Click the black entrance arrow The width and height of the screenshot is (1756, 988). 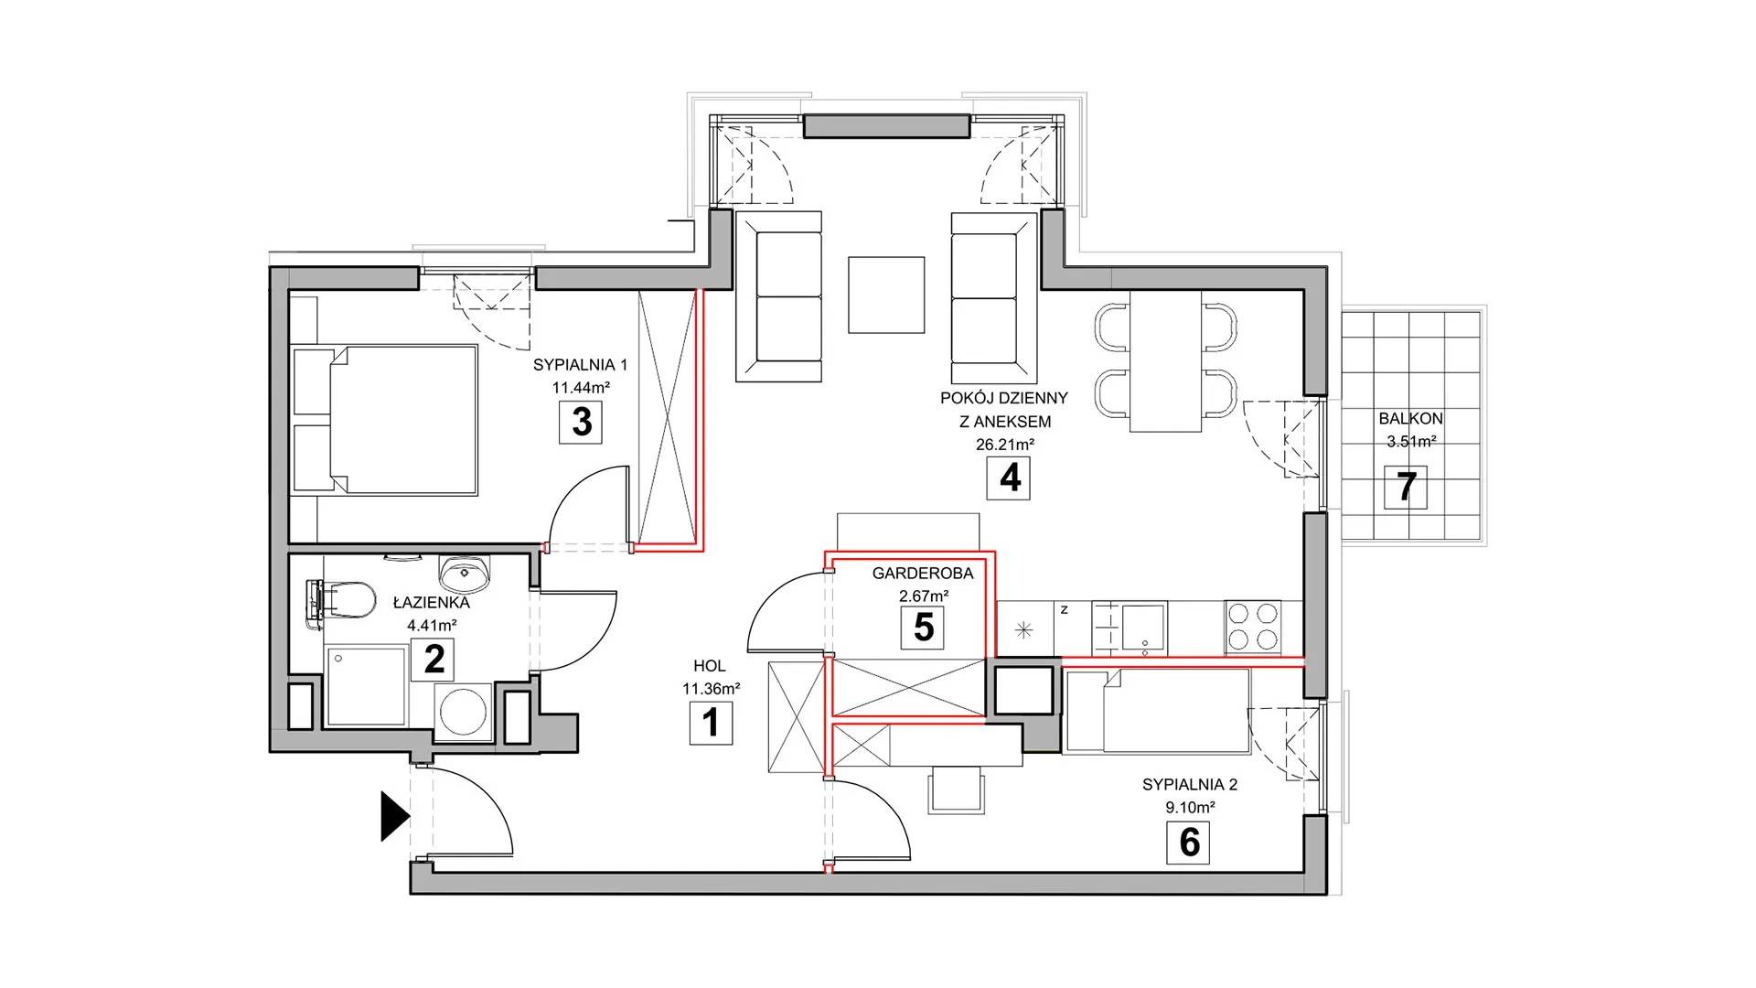tap(394, 816)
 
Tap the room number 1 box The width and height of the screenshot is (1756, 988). tap(711, 723)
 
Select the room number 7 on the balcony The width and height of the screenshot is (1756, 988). tap(1406, 487)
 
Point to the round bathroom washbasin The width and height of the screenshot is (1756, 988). tap(466, 573)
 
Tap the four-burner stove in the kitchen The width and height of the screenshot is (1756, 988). tap(1252, 627)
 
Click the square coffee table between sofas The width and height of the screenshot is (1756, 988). tap(886, 295)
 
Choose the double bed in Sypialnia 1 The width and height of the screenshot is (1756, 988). tap(384, 420)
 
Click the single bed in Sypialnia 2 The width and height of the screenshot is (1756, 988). tap(1157, 711)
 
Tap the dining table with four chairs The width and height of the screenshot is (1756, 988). tap(1165, 361)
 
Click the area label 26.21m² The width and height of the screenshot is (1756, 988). tap(1006, 445)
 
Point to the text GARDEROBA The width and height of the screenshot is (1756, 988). tap(923, 574)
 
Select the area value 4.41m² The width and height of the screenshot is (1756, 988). tap(432, 626)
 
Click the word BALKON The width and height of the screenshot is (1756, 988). tap(1411, 418)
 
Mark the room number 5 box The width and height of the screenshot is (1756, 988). tap(924, 628)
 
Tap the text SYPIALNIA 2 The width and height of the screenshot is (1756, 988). tap(1190, 785)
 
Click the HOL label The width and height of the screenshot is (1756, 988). tap(711, 667)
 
